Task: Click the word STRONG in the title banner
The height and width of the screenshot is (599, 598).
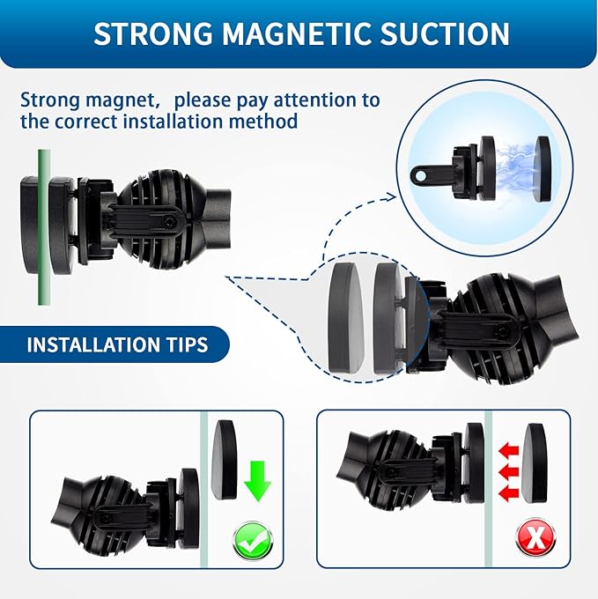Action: click(x=152, y=34)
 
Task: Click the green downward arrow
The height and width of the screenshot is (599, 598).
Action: click(x=259, y=481)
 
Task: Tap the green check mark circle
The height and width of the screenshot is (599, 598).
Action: click(x=253, y=542)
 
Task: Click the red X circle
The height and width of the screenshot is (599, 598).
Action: click(x=535, y=538)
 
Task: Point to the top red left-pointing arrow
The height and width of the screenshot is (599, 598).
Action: click(x=509, y=451)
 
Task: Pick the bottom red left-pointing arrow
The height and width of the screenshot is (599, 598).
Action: click(x=509, y=493)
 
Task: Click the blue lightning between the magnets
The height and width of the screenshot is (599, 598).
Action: click(x=515, y=168)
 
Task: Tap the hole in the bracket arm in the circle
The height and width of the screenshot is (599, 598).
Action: click(x=420, y=176)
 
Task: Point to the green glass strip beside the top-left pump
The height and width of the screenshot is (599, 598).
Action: click(x=43, y=227)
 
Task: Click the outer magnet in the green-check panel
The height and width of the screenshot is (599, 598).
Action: click(x=224, y=460)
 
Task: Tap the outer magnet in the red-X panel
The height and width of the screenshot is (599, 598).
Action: click(x=535, y=462)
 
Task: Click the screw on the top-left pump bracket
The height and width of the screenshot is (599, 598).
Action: click(x=169, y=220)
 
